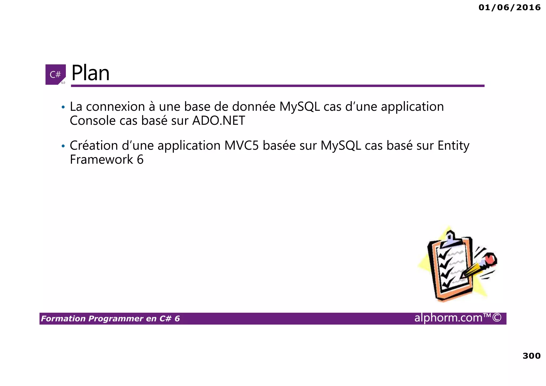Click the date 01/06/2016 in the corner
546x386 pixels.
coord(509,7)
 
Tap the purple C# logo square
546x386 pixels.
coord(55,74)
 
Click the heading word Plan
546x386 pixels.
coord(90,73)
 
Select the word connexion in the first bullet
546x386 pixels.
coord(115,107)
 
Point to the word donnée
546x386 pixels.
coord(254,107)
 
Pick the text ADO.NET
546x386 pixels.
coord(218,121)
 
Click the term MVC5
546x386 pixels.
coord(242,146)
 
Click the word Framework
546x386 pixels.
coord(101,160)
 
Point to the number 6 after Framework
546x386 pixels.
coord(140,160)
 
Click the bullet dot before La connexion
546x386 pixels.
coord(63,107)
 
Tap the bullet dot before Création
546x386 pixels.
coord(63,146)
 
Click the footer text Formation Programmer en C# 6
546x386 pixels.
coord(110,319)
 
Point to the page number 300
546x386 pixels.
coord(531,356)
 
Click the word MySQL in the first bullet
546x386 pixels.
coord(299,107)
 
